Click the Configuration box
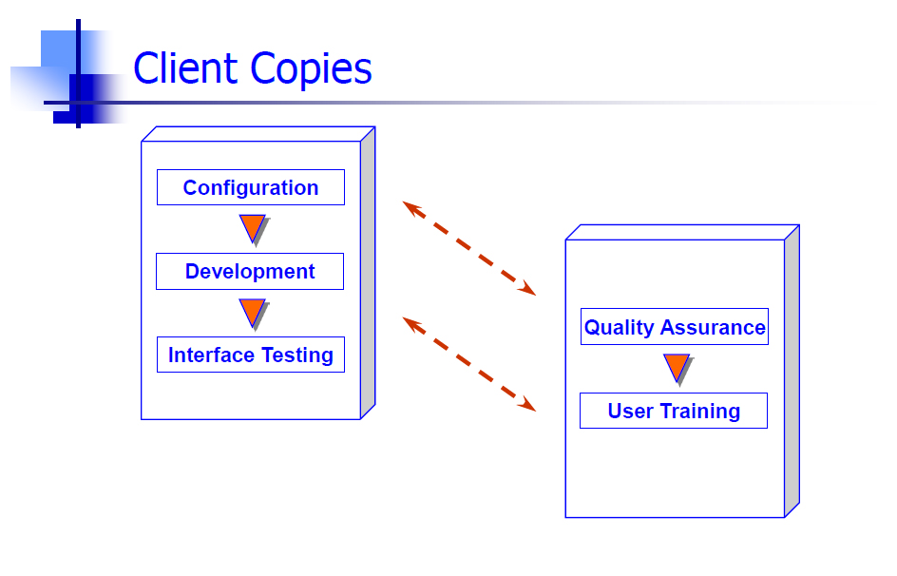coord(251,187)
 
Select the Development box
coord(250,271)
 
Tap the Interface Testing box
coord(251,355)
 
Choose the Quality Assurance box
coord(675,327)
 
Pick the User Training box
coord(674,411)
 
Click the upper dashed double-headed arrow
coord(469,248)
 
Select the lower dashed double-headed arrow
coord(469,364)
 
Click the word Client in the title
coord(185,68)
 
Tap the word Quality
coord(619,328)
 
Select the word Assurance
coord(713,327)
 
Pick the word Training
coord(700,412)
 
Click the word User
coord(630,412)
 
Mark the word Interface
coord(211,355)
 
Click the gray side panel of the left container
coord(368,273)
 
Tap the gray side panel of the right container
coord(792,372)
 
